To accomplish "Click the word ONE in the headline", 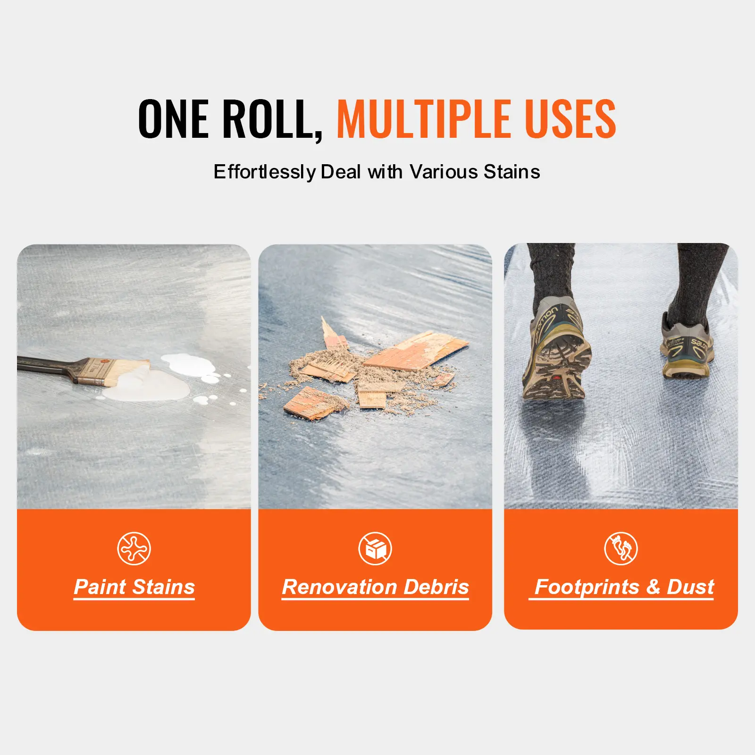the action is (173, 119).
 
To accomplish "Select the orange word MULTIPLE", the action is (424, 119).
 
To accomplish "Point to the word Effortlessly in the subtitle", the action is (265, 172).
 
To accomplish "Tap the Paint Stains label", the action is (134, 587).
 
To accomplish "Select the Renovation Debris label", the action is (376, 587).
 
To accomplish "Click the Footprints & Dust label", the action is (621, 587).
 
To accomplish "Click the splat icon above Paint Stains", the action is (134, 548).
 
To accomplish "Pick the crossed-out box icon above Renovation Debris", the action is (375, 548).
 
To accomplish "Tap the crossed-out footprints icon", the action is (621, 548).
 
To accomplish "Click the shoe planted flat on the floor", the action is (687, 349).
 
